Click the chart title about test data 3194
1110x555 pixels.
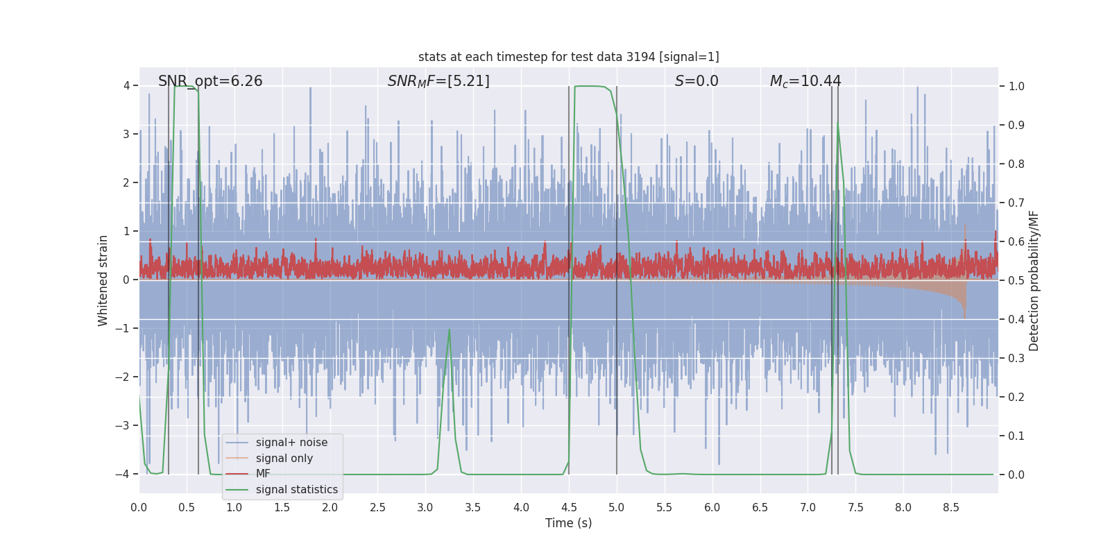[x=568, y=57]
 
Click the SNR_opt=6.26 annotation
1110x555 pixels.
[x=210, y=81]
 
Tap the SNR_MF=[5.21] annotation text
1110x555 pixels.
[x=438, y=81]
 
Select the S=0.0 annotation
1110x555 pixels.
[x=697, y=81]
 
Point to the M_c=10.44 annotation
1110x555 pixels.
[x=805, y=81]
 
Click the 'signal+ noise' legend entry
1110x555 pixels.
[x=291, y=443]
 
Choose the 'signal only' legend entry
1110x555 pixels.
[x=284, y=459]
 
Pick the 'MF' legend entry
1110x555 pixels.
[x=263, y=474]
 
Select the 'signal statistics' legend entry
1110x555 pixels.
[x=296, y=490]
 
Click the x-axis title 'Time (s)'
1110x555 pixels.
[x=568, y=523]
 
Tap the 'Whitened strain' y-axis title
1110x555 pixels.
[x=103, y=280]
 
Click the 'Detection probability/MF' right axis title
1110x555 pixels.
[x=1034, y=280]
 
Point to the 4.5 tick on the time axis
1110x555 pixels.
[x=569, y=508]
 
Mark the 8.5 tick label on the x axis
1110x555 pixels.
[x=951, y=508]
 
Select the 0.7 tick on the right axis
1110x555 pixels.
[x=1016, y=203]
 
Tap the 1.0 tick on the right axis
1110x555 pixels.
[x=1016, y=86]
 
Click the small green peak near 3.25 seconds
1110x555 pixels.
[x=450, y=330]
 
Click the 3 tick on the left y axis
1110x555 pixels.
[x=126, y=135]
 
